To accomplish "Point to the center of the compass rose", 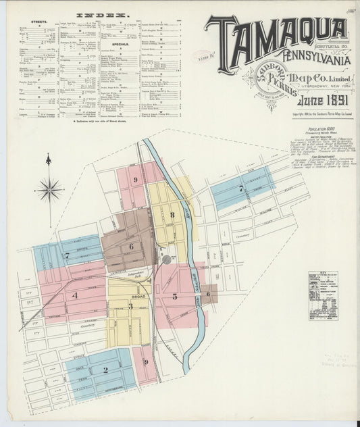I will (49, 190).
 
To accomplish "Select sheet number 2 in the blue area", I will (105, 370).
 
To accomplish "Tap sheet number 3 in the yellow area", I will (130, 306).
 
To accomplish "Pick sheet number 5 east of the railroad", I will (174, 296).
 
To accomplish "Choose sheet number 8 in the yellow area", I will (172, 216).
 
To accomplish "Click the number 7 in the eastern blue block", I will (240, 189).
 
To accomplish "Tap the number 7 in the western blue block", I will (67, 255).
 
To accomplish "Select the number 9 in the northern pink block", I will (136, 180).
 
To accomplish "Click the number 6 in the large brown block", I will (131, 246).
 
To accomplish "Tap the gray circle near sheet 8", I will (166, 259).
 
